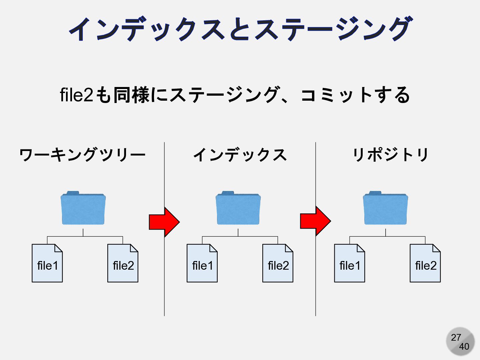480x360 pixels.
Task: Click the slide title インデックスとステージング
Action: [x=240, y=29]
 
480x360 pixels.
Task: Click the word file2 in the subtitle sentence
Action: [x=76, y=95]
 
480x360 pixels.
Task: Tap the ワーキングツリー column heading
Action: [x=82, y=155]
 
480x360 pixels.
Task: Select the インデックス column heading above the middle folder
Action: [x=240, y=155]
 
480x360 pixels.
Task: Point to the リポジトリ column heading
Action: [x=391, y=155]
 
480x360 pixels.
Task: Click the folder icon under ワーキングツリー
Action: [x=83, y=208]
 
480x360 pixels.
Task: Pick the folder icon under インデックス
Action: [x=238, y=208]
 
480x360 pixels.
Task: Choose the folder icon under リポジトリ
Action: [x=385, y=208]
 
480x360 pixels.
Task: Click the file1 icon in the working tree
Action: [x=47, y=263]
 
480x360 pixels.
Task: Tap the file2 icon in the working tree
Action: [x=123, y=263]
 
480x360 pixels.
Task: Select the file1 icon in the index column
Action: [x=202, y=263]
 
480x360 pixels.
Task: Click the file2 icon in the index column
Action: [x=278, y=263]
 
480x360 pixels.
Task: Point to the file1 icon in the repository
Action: [x=349, y=263]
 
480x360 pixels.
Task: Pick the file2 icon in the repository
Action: [x=425, y=263]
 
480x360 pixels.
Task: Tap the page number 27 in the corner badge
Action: [x=456, y=337]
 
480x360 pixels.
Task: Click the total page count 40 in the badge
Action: [x=464, y=347]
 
